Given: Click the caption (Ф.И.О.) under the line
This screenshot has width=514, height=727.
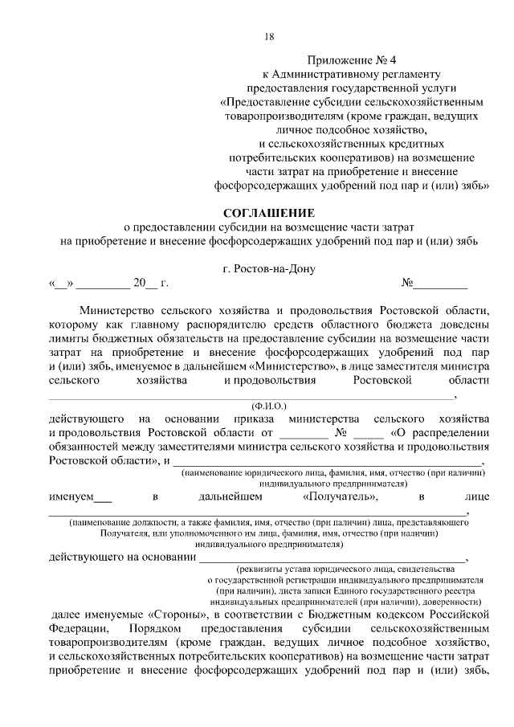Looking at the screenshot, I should (269, 407).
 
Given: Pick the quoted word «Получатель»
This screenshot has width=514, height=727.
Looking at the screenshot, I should (341, 497).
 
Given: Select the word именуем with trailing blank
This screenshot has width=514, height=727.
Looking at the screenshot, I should (80, 497).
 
